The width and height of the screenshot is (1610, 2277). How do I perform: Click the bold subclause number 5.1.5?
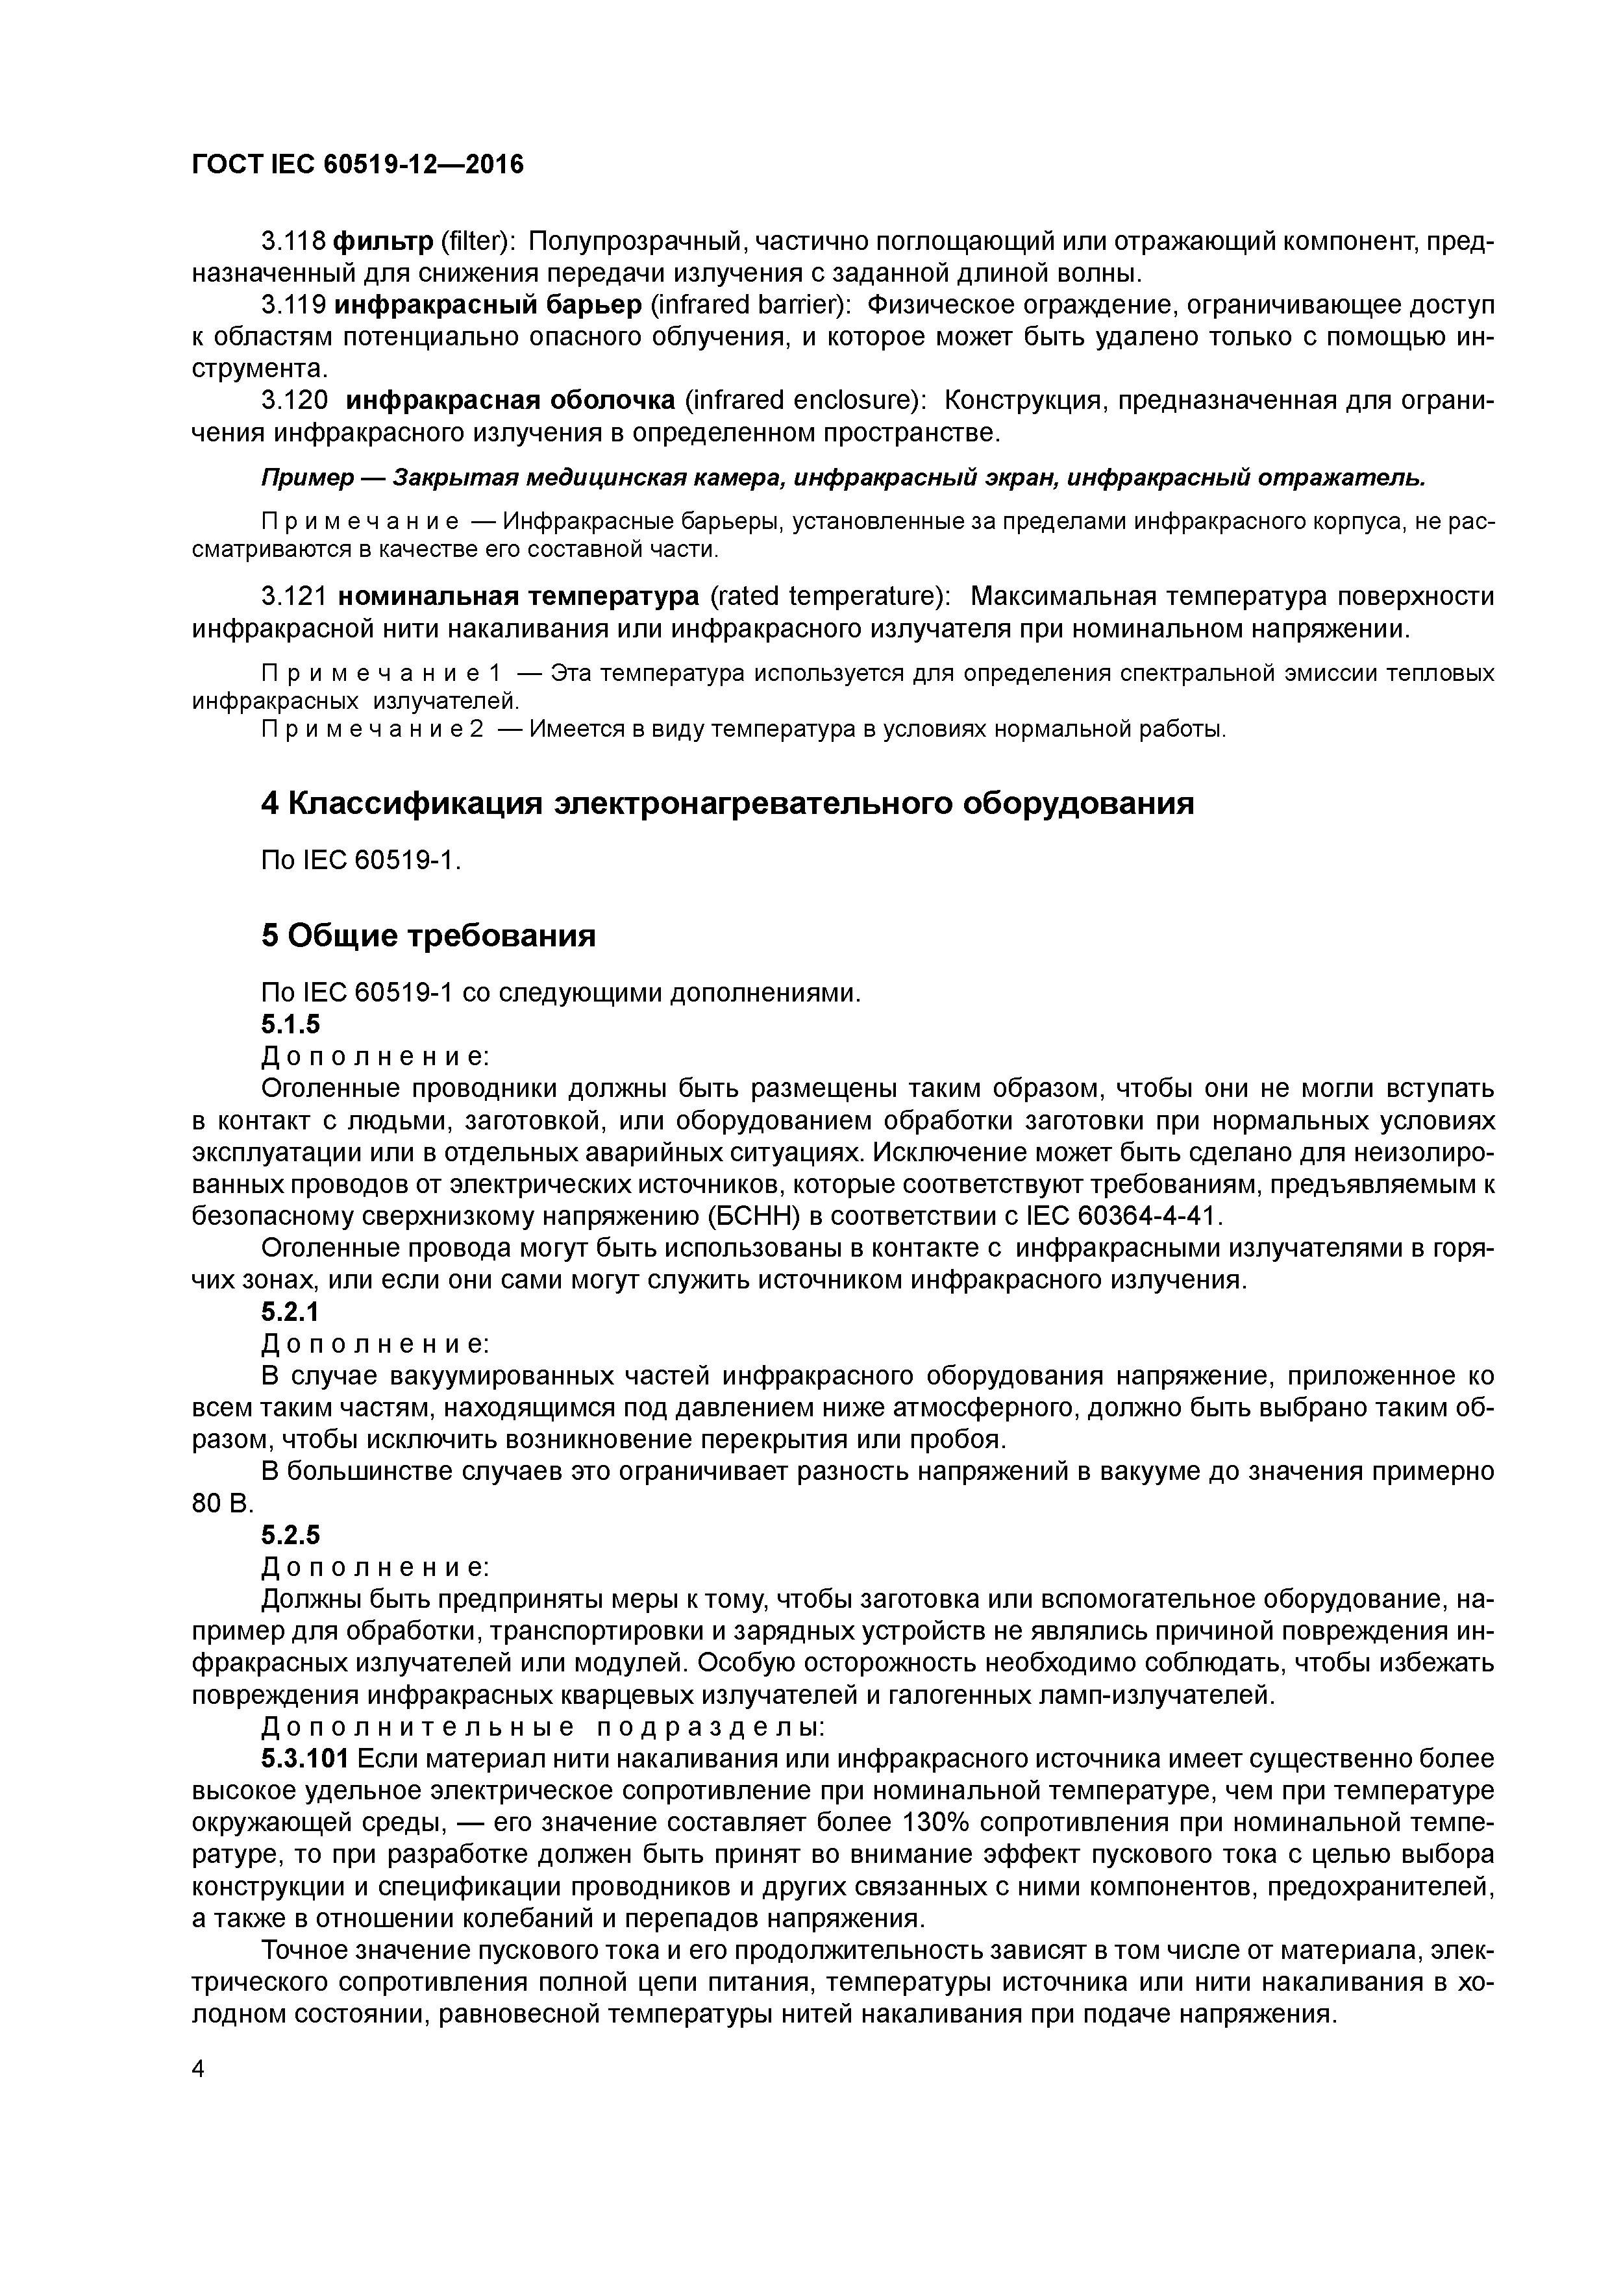[291, 1024]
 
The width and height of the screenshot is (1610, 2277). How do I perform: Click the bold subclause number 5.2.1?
[291, 1312]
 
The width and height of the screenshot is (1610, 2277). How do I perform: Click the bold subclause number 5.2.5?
[291, 1535]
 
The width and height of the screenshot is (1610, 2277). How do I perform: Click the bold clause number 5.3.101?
[304, 1759]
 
